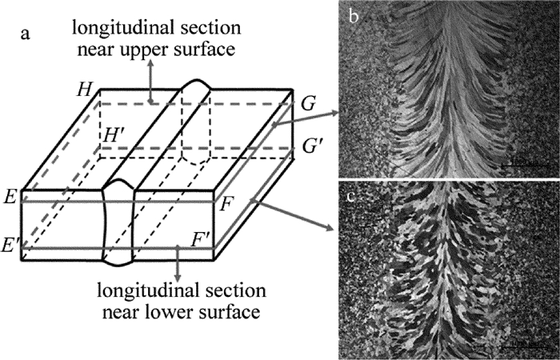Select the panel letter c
click(x=354, y=192)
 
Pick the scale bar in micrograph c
click(x=524, y=346)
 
